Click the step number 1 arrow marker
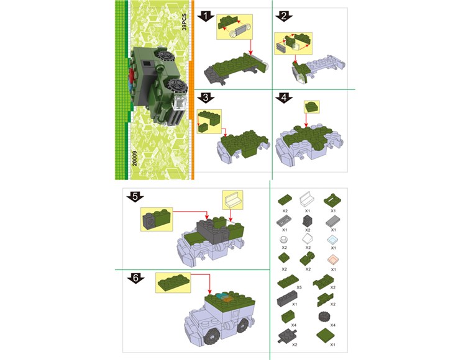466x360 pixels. [x=206, y=16]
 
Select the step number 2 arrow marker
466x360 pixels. [x=284, y=16]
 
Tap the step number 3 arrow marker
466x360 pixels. [x=206, y=97]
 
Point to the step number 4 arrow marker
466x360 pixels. [x=284, y=97]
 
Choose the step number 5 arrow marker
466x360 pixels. [x=135, y=197]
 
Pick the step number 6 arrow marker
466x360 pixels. [x=135, y=279]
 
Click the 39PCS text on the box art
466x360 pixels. [x=185, y=22]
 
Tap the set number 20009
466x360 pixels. [x=135, y=158]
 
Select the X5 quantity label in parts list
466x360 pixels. [x=299, y=287]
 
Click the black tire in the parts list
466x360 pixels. [x=324, y=317]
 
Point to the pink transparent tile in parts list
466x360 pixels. [x=334, y=260]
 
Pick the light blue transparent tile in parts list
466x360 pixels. [x=333, y=240]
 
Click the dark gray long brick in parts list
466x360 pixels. [x=287, y=299]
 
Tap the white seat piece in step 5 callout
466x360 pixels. [x=232, y=200]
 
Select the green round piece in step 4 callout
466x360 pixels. [x=311, y=107]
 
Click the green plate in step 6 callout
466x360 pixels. [x=173, y=283]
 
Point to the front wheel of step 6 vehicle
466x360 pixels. [x=212, y=336]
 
